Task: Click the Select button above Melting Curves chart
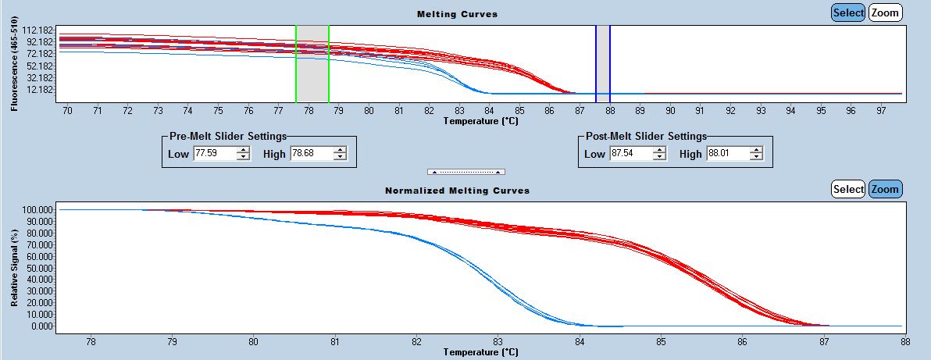click(x=847, y=12)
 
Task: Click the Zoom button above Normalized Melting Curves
click(x=885, y=189)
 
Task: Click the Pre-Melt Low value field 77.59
click(x=213, y=154)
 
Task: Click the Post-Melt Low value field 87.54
click(x=630, y=154)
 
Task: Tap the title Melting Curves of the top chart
click(x=457, y=14)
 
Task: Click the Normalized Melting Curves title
click(x=457, y=191)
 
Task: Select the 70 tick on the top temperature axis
click(x=67, y=112)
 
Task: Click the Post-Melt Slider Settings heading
click(x=646, y=136)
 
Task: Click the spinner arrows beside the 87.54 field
click(x=659, y=154)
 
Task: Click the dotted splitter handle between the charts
click(x=466, y=171)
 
